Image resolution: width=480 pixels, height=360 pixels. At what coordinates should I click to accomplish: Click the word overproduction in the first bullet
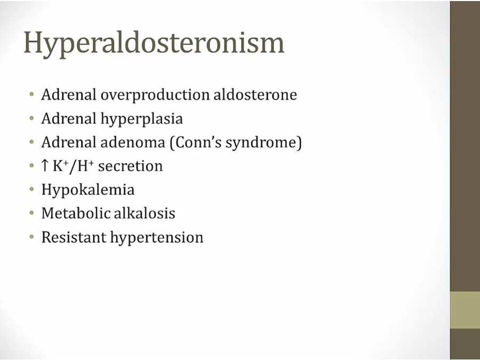point(155,95)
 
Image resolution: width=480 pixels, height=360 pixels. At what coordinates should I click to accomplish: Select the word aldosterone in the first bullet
point(255,94)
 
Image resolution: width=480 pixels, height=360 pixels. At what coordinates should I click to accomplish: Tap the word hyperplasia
point(142,119)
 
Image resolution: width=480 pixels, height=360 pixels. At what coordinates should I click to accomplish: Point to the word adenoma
point(133,142)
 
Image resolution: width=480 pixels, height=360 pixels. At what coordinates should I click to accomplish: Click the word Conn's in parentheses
point(196,142)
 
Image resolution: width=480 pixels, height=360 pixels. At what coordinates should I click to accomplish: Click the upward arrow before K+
point(45,166)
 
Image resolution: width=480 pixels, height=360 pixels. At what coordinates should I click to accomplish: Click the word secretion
point(131,166)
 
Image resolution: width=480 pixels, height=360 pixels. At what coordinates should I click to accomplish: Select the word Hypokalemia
point(88,190)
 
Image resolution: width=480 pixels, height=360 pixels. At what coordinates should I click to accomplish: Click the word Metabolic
point(76,213)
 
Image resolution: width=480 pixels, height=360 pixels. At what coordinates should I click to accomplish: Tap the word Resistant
point(74,237)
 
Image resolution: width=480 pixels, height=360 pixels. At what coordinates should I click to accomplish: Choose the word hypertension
point(157,238)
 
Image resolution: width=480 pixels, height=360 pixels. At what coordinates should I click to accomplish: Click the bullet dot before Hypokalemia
point(32,190)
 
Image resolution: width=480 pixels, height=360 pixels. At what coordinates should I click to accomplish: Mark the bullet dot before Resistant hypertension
point(32,237)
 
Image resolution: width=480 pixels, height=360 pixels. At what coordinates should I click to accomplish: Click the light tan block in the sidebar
point(465,310)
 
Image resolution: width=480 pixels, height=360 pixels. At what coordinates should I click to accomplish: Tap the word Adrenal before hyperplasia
point(69,119)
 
